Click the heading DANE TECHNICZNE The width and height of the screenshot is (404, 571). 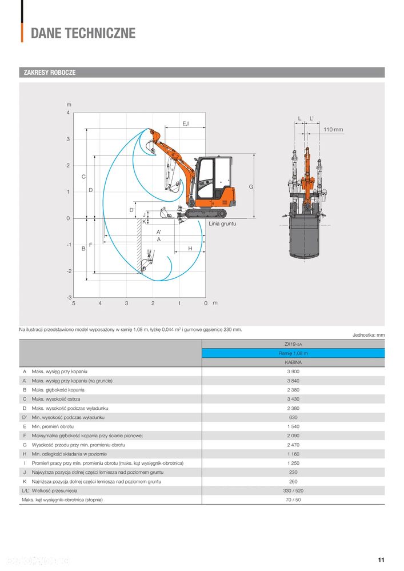(x=83, y=33)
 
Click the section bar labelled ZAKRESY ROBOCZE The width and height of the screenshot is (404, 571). (x=49, y=73)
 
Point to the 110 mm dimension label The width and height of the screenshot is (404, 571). (x=333, y=130)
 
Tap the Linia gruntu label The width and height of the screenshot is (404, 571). (x=222, y=224)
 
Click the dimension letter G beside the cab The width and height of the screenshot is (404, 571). (x=250, y=187)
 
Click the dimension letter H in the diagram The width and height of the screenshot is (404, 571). (x=190, y=249)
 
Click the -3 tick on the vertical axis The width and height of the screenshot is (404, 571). (x=69, y=298)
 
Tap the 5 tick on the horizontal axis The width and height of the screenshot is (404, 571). (x=74, y=304)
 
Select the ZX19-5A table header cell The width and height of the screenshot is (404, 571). (x=293, y=344)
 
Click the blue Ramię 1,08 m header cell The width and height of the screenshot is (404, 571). (x=293, y=353)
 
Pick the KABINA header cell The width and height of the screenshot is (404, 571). (x=293, y=362)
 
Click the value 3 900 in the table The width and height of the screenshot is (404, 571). (x=293, y=372)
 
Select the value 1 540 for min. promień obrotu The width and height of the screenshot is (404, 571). (x=293, y=426)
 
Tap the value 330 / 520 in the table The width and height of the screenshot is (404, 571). (x=293, y=490)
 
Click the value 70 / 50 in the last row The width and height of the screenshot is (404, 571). (x=293, y=500)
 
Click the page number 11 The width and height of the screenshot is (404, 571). (x=381, y=560)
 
